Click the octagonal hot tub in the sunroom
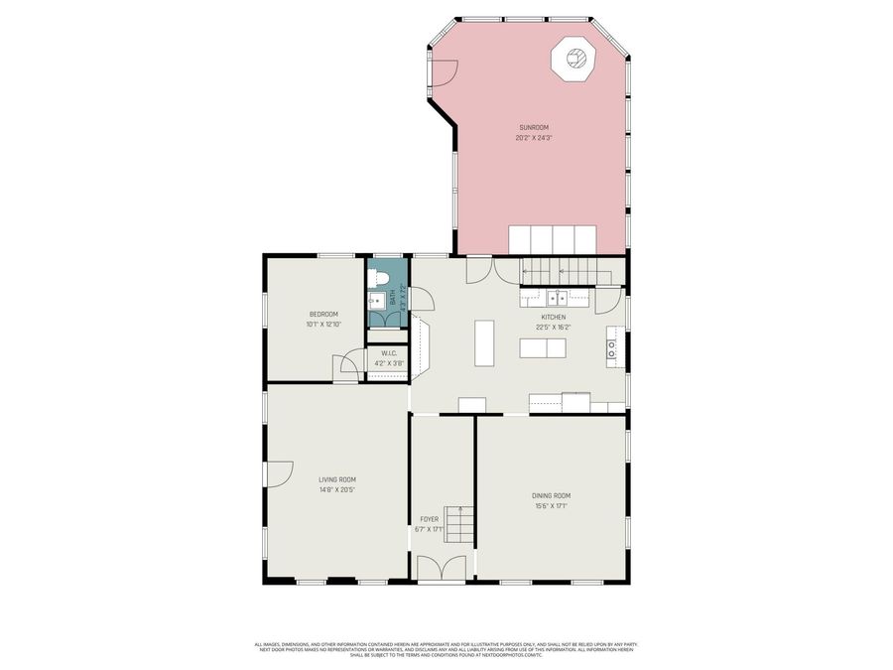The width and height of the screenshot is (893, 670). (x=574, y=61)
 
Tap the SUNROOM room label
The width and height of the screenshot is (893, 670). (x=533, y=127)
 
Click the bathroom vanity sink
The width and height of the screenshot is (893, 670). (x=376, y=302)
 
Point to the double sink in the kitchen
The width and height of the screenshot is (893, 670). (x=557, y=297)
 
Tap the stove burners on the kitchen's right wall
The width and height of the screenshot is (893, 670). (x=612, y=347)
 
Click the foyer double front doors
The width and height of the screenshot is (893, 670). (x=442, y=568)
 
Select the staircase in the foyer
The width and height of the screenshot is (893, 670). (x=458, y=523)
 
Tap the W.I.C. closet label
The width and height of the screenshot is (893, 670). (x=389, y=352)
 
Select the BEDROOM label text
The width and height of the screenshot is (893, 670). (x=322, y=314)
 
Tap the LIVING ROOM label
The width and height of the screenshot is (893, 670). (x=336, y=479)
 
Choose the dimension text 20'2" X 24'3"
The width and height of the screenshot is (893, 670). (x=533, y=138)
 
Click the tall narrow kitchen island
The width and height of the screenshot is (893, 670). (x=484, y=342)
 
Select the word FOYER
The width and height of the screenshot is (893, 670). (x=429, y=519)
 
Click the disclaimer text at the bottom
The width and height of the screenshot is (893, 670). (x=446, y=648)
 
